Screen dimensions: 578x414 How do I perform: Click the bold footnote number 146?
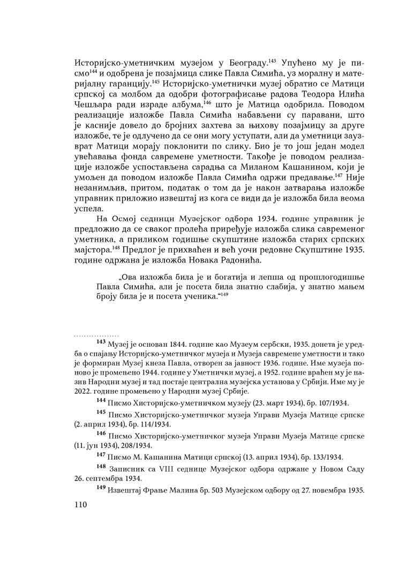click(101, 435)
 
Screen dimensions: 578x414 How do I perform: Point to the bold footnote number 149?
click(101, 489)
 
